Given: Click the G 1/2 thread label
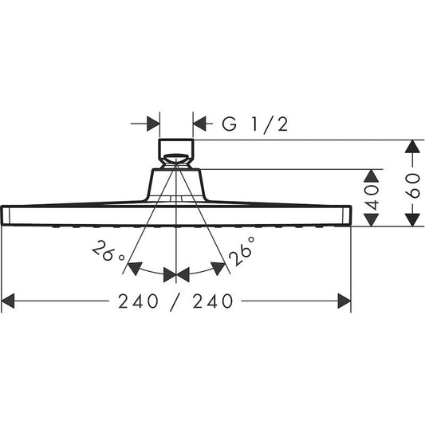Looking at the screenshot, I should [253, 124].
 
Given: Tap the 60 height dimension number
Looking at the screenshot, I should [411, 183].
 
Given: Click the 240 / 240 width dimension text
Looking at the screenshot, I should [176, 301].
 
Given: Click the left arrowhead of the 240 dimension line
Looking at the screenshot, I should [9, 301].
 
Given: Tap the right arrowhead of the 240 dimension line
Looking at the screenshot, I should [344, 301].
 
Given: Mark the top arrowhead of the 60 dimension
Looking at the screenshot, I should [411, 148].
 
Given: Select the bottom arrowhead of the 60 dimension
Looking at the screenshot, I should [411, 219].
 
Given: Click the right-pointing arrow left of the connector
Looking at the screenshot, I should [152, 124].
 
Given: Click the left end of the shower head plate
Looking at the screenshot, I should [6, 215].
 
